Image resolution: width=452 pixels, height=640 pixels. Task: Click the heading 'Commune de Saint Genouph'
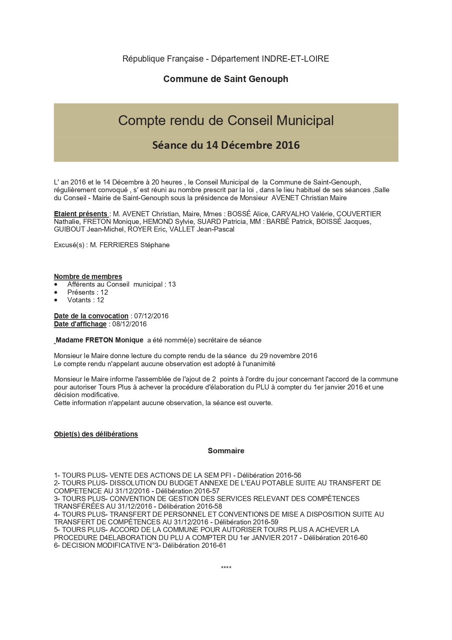pyautogui.click(x=226, y=79)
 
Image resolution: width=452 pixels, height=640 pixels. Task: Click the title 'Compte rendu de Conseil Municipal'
pyautogui.click(x=226, y=120)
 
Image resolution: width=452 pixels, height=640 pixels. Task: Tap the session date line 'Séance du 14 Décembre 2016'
pyautogui.click(x=226, y=145)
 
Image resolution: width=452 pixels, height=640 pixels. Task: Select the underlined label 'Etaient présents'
pyautogui.click(x=81, y=214)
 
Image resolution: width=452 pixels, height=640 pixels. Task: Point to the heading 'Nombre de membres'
pyautogui.click(x=88, y=276)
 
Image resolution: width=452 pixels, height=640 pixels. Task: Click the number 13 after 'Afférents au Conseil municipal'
pyautogui.click(x=172, y=284)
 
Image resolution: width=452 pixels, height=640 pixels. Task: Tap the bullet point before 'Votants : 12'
pyautogui.click(x=56, y=300)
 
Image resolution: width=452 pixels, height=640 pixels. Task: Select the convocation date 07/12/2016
pyautogui.click(x=151, y=316)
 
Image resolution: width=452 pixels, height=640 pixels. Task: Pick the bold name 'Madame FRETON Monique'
pyautogui.click(x=99, y=340)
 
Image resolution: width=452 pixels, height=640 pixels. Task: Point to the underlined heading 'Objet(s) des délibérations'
pyautogui.click(x=96, y=434)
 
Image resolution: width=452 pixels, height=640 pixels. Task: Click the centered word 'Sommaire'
pyautogui.click(x=226, y=451)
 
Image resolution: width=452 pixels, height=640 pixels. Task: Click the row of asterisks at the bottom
pyautogui.click(x=226, y=568)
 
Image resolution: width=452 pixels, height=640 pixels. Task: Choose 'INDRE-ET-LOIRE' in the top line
pyautogui.click(x=295, y=59)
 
